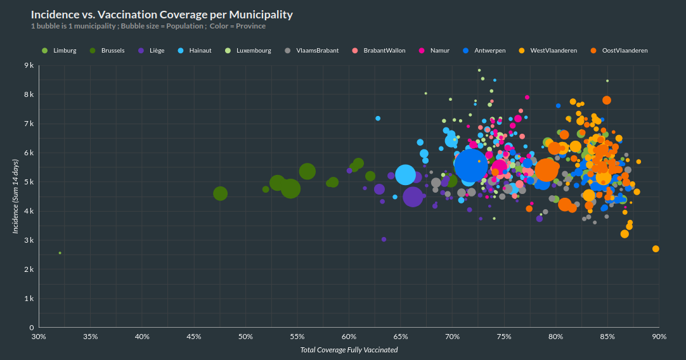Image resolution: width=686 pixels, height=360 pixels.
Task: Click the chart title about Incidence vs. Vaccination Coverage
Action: click(x=162, y=14)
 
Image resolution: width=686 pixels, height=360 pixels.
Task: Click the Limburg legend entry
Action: click(x=60, y=50)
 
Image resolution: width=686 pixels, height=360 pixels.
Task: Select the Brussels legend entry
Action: click(x=108, y=50)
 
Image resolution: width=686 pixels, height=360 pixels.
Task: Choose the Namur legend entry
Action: click(x=434, y=50)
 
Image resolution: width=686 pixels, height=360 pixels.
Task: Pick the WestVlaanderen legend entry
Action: click(x=548, y=50)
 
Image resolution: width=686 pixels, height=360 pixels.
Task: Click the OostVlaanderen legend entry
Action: click(x=619, y=50)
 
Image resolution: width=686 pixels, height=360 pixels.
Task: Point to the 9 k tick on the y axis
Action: click(x=29, y=65)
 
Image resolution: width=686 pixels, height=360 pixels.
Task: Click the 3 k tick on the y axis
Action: click(x=29, y=240)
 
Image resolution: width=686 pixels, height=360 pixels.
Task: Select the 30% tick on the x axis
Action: click(x=39, y=337)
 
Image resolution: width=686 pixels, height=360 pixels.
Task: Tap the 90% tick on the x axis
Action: click(x=659, y=337)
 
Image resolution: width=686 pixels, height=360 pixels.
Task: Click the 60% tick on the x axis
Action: click(x=349, y=337)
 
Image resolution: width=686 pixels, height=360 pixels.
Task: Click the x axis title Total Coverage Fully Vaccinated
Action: click(x=349, y=350)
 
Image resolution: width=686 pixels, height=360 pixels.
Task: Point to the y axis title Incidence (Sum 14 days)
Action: click(x=15, y=196)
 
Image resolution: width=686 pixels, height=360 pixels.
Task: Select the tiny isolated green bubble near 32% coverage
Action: click(x=60, y=253)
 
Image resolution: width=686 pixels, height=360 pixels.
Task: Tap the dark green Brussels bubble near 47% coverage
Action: click(x=220, y=193)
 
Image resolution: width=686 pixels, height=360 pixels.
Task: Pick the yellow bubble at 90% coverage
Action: click(x=656, y=248)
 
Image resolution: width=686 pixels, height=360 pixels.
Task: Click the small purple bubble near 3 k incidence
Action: click(x=384, y=239)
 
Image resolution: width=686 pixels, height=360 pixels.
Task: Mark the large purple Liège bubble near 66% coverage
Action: click(x=412, y=197)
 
